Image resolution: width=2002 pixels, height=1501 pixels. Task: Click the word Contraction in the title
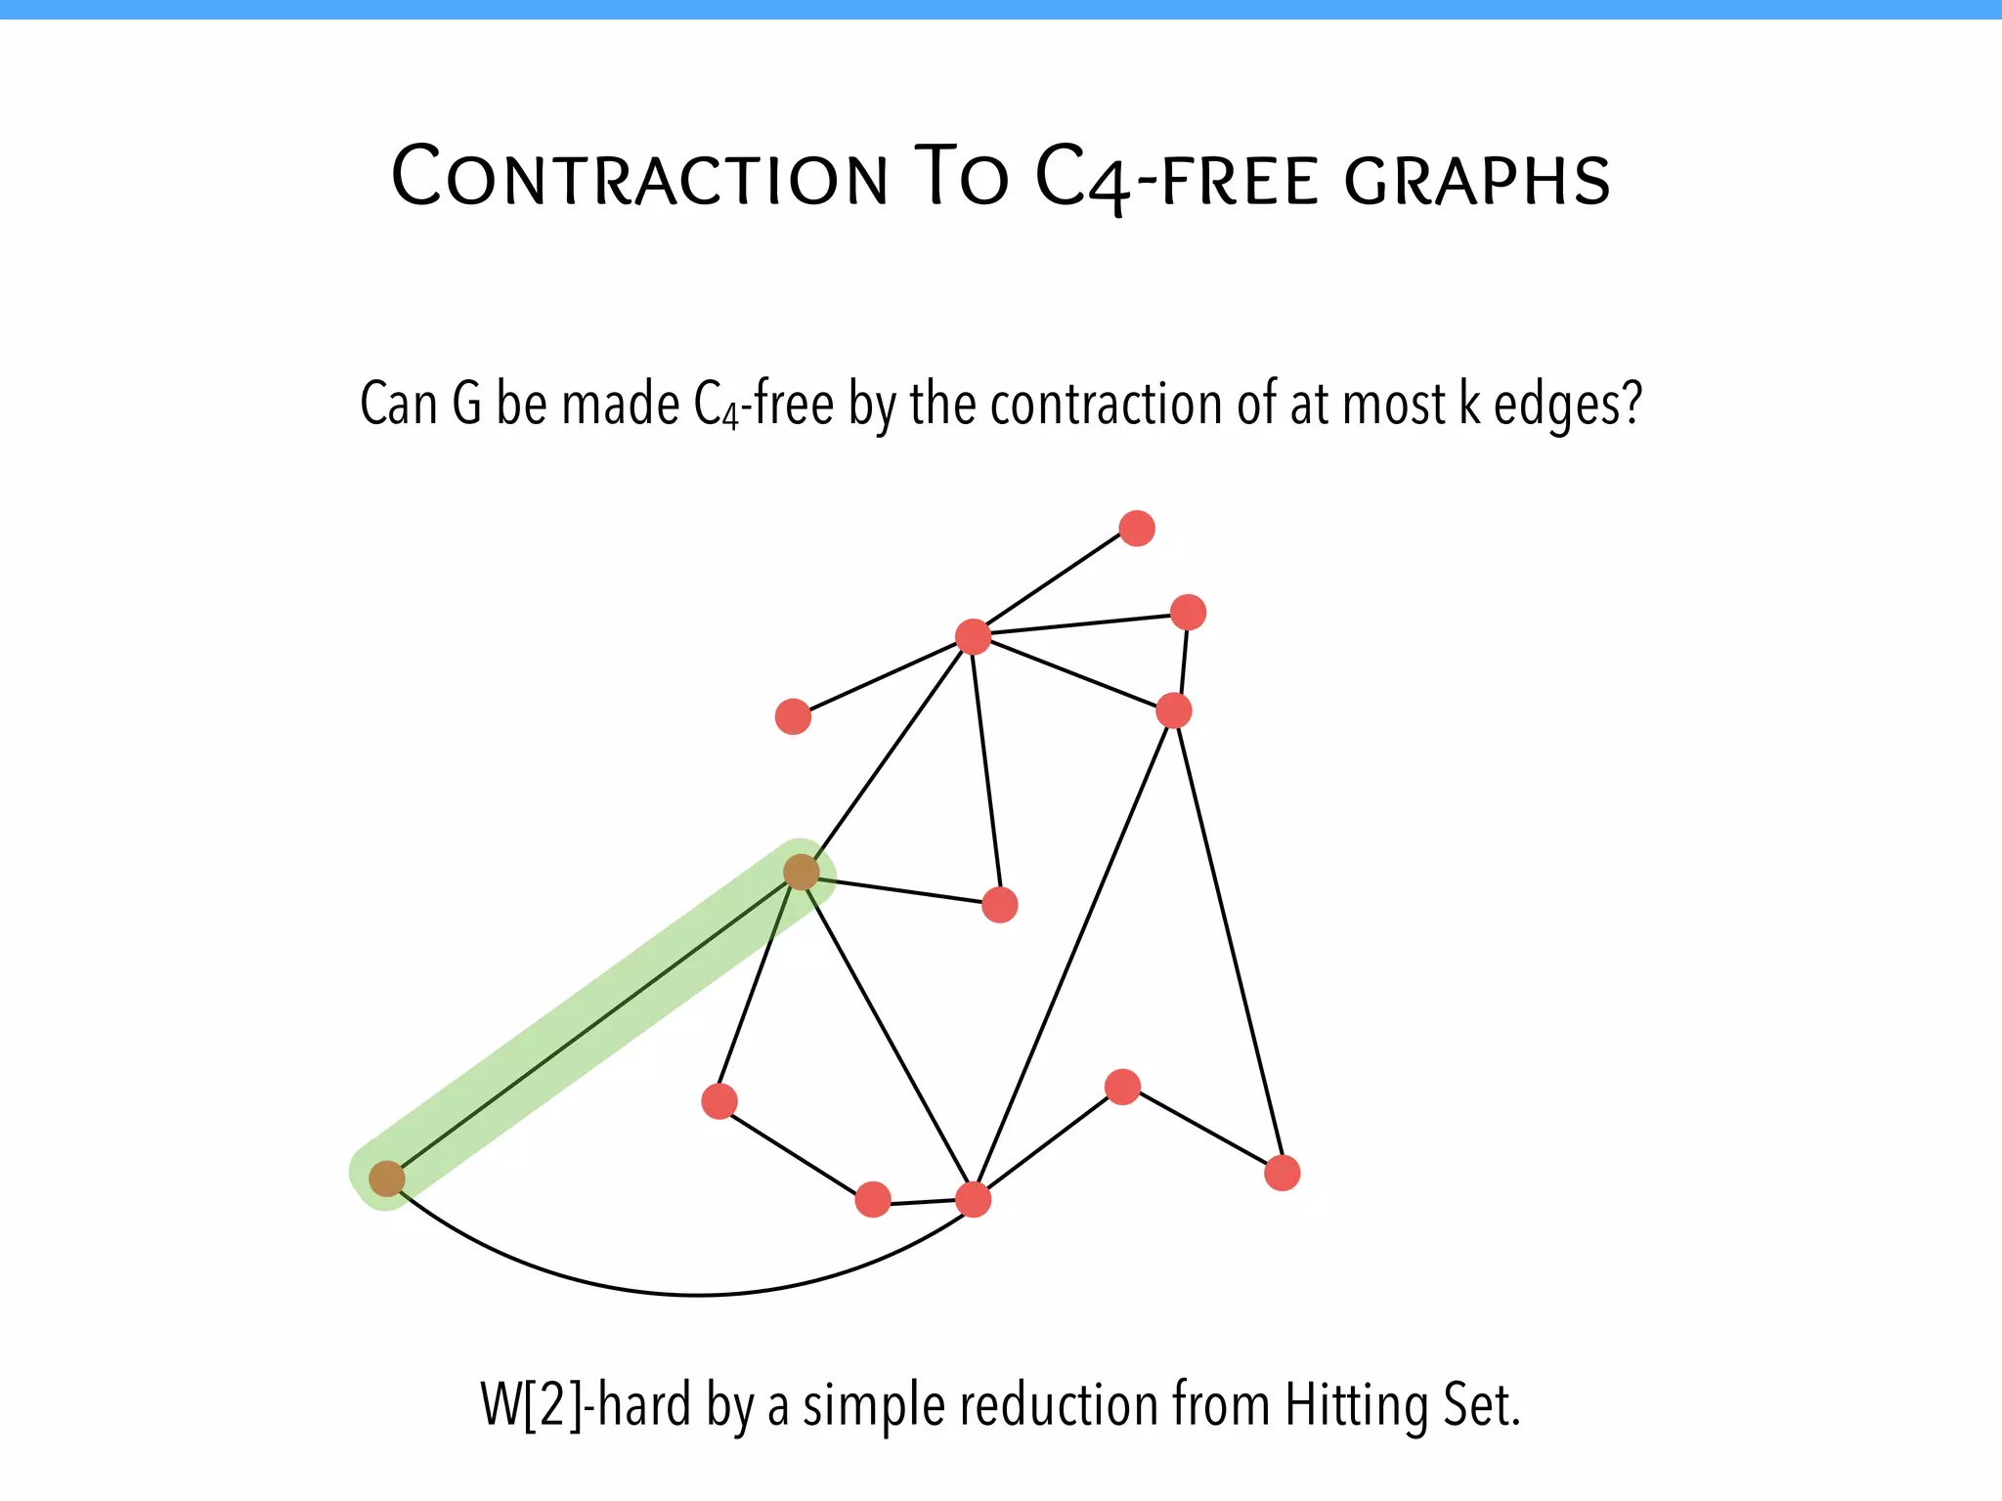click(640, 178)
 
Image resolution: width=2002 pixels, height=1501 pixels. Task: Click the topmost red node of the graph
click(1137, 529)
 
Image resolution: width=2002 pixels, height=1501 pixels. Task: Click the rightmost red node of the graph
click(1283, 1173)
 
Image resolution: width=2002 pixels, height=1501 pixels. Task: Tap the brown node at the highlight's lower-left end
click(387, 1179)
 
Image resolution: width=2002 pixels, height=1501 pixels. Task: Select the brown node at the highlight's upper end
click(802, 872)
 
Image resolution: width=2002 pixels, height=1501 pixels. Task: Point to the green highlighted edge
click(594, 1025)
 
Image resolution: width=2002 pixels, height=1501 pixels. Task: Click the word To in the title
click(961, 178)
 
